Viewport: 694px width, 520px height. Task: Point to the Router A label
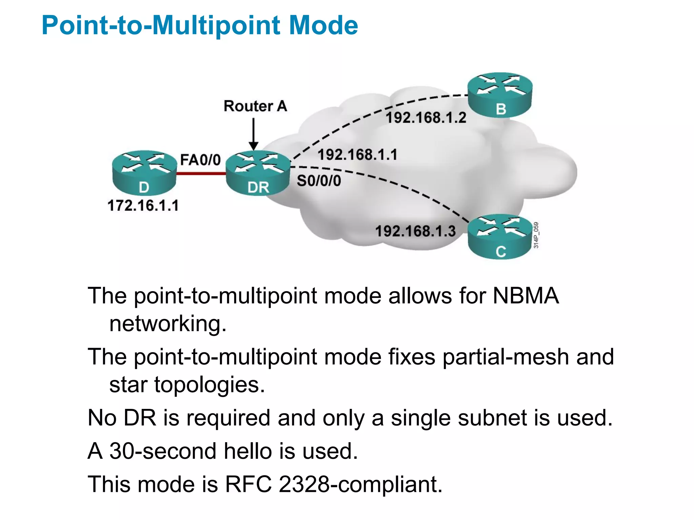[x=255, y=106]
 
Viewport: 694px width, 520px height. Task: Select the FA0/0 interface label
[x=200, y=160]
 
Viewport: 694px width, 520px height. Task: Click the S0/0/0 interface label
[x=319, y=181]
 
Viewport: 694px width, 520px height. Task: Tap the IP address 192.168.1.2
[x=426, y=118]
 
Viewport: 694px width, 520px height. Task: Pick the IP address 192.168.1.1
[x=357, y=155]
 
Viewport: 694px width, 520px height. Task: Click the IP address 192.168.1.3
[x=415, y=231]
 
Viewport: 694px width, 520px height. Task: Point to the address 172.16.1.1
[x=143, y=205]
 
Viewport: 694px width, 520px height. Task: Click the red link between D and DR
[x=201, y=174]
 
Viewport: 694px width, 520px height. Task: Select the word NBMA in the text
[x=526, y=296]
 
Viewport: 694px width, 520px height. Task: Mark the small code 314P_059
[x=536, y=235]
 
